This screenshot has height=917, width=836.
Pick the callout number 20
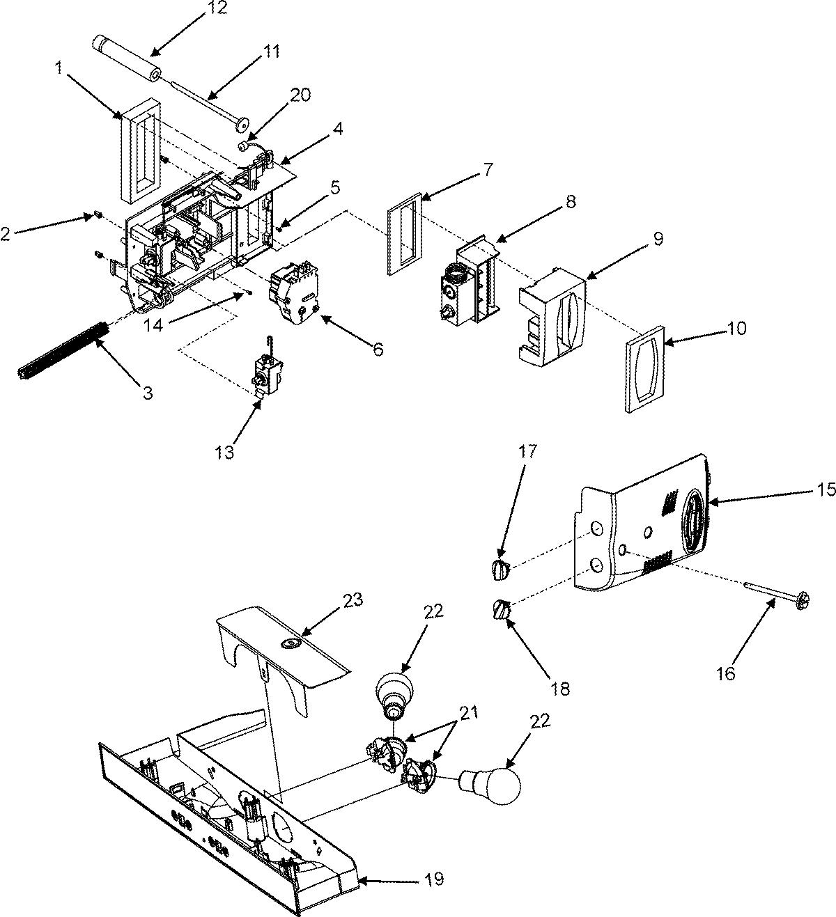coord(301,95)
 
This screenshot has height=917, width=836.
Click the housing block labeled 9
coord(552,320)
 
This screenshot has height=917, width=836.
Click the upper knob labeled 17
coord(500,569)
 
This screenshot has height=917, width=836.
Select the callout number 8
coord(571,203)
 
